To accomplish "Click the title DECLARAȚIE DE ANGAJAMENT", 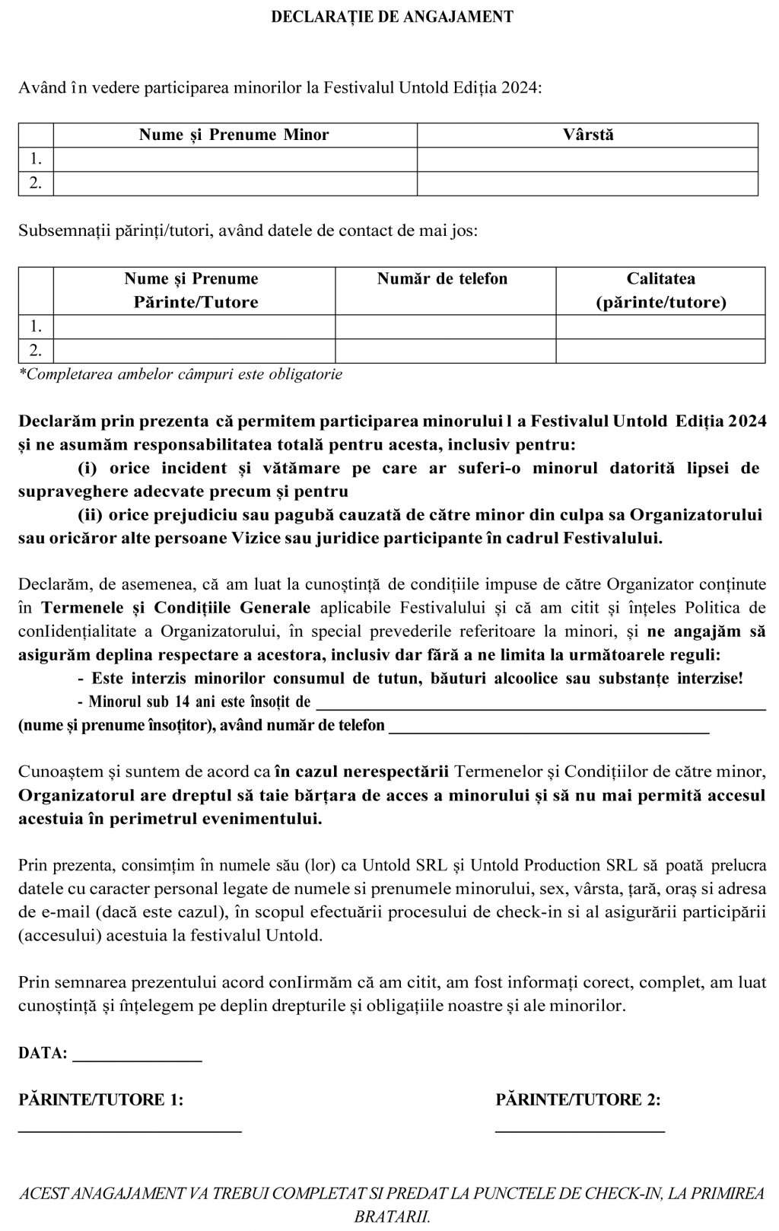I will [x=392, y=17].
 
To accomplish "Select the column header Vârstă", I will [x=588, y=135].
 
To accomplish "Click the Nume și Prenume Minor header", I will [x=234, y=135].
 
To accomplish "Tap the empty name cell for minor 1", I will [x=234, y=160].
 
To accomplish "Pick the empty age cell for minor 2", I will [x=588, y=183].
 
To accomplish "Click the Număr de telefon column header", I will [x=442, y=279].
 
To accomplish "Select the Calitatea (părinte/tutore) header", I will [x=660, y=291].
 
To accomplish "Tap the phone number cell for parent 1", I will [x=445, y=327].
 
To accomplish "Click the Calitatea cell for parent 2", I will [x=660, y=351].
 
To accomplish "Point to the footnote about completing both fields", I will [x=180, y=374].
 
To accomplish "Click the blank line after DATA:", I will [x=137, y=1056].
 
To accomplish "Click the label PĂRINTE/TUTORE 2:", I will [x=578, y=1100].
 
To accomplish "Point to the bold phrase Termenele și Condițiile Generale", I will [x=176, y=608].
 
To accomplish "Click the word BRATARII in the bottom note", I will [x=392, y=1215].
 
